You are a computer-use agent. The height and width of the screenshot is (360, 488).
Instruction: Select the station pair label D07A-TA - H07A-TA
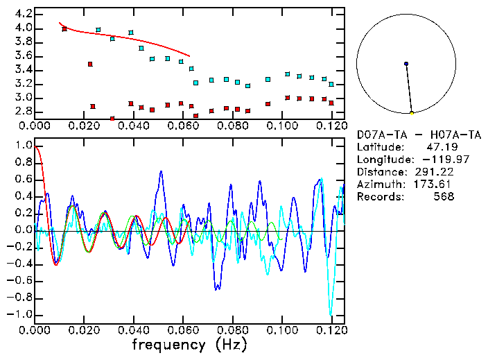tap(419, 134)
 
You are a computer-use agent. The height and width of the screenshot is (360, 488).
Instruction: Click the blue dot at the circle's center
tap(406, 64)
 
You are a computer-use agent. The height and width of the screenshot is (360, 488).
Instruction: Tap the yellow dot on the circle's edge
tap(412, 112)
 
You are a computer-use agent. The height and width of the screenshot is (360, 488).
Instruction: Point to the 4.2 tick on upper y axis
tap(20, 14)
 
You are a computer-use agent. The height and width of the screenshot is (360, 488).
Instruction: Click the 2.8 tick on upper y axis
tap(20, 111)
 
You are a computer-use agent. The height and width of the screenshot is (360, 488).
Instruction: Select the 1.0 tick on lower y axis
tap(20, 146)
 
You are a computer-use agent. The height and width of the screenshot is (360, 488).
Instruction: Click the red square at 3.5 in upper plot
tap(90, 64)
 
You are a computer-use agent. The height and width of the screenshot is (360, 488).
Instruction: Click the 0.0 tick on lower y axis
tap(20, 230)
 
